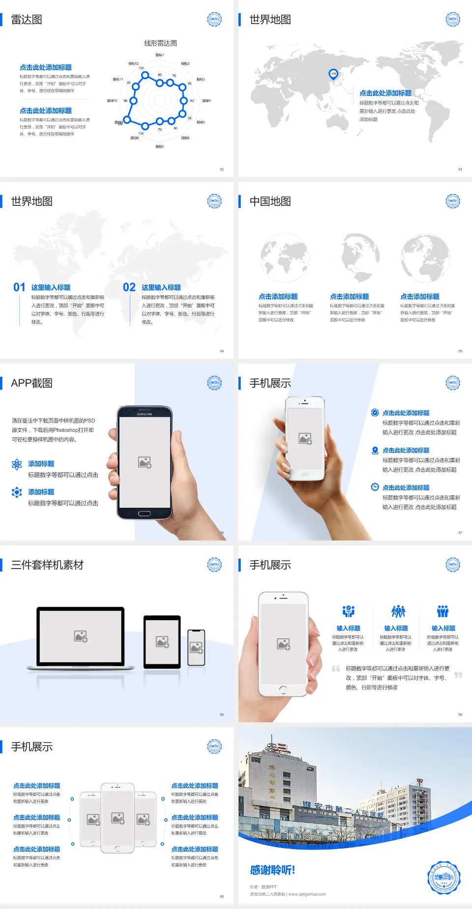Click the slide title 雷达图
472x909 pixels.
pyautogui.click(x=27, y=20)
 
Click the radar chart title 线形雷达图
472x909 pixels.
pyautogui.click(x=160, y=43)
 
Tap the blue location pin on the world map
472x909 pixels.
pyautogui.click(x=333, y=74)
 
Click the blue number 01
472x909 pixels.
pyautogui.click(x=19, y=287)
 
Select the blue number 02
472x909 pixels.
pyautogui.click(x=129, y=287)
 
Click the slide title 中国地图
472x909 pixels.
pyautogui.click(x=270, y=201)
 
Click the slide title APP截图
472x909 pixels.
pyautogui.click(x=31, y=383)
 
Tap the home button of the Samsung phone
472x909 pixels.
pyautogui.click(x=144, y=513)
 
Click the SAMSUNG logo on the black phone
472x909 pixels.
pyautogui.click(x=145, y=414)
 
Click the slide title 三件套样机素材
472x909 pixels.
pyautogui.click(x=47, y=565)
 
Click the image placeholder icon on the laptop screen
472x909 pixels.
pyautogui.click(x=81, y=636)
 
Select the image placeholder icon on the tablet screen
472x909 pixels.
pyautogui.click(x=162, y=642)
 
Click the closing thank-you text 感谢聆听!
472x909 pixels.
pyautogui.click(x=272, y=870)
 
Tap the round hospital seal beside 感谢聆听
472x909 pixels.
pyautogui.click(x=443, y=877)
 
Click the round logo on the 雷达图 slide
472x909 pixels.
pyautogui.click(x=214, y=20)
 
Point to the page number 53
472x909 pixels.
pyautogui.click(x=460, y=170)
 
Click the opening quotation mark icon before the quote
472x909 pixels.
pyautogui.click(x=336, y=668)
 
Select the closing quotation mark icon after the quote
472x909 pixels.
pyautogui.click(x=458, y=675)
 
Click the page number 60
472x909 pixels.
pyautogui.click(x=222, y=897)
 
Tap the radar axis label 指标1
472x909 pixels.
pyautogui.click(x=160, y=55)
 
